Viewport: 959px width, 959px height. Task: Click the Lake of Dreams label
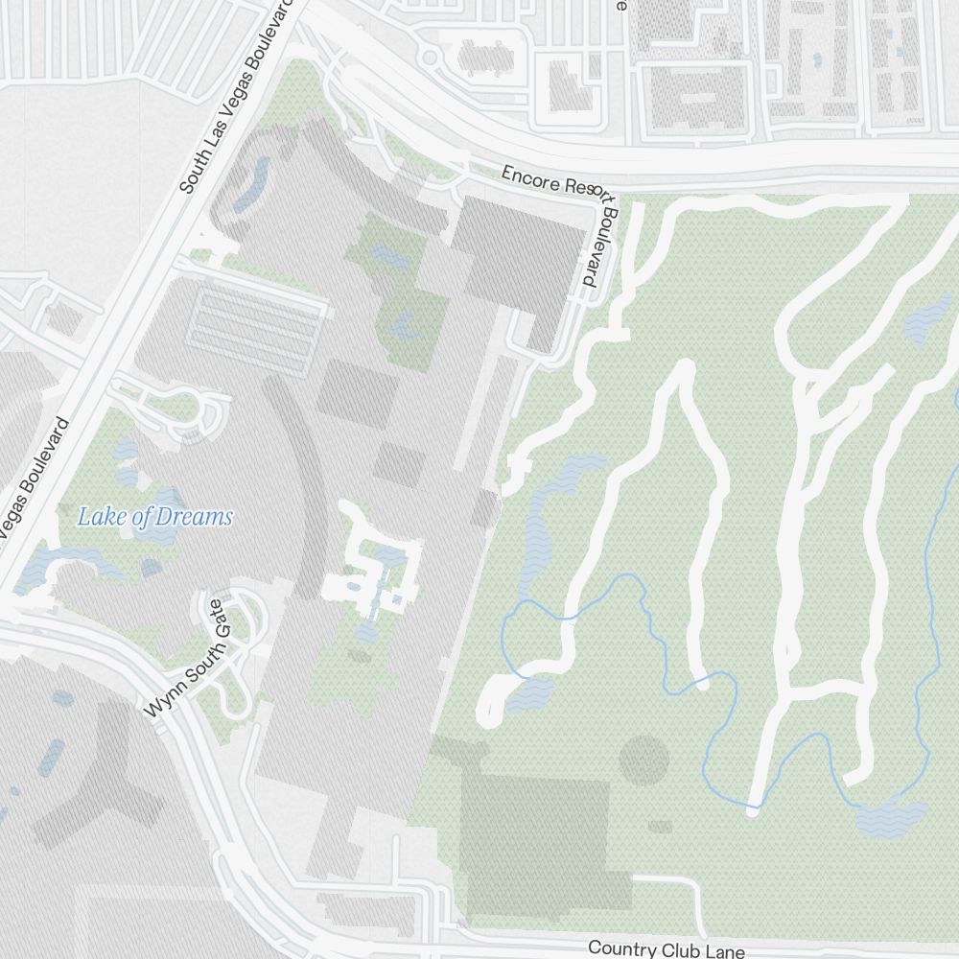[154, 518]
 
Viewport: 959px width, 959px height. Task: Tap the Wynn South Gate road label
[186, 659]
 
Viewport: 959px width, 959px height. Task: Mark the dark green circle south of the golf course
[643, 760]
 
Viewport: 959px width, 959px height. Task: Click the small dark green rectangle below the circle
[660, 826]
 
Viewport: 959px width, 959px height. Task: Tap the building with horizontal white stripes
[256, 321]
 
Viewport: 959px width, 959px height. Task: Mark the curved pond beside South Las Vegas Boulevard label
[251, 185]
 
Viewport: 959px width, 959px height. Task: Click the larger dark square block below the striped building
[357, 393]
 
